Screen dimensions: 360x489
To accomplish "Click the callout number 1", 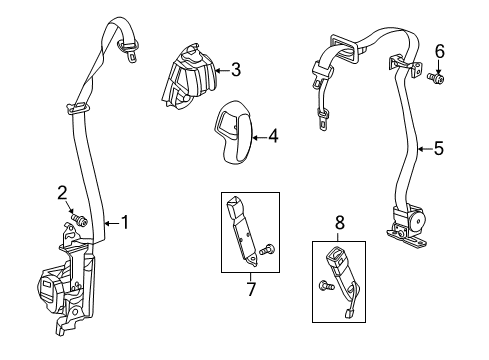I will (125, 222).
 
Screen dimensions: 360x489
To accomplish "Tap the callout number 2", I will (62, 192).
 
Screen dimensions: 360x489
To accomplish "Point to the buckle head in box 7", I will (239, 214).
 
